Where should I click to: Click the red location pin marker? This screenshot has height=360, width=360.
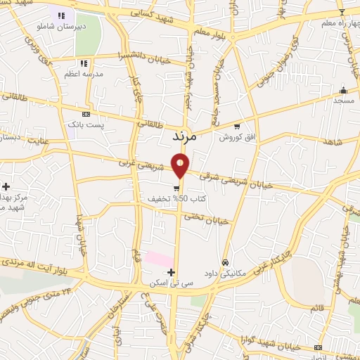coord(181,166)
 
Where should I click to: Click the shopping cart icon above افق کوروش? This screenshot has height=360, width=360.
coord(237,127)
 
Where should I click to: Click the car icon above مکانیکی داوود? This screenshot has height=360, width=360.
coord(224,262)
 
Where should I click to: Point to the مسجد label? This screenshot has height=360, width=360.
coord(343,101)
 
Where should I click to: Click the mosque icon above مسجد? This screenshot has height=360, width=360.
coord(343,90)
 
